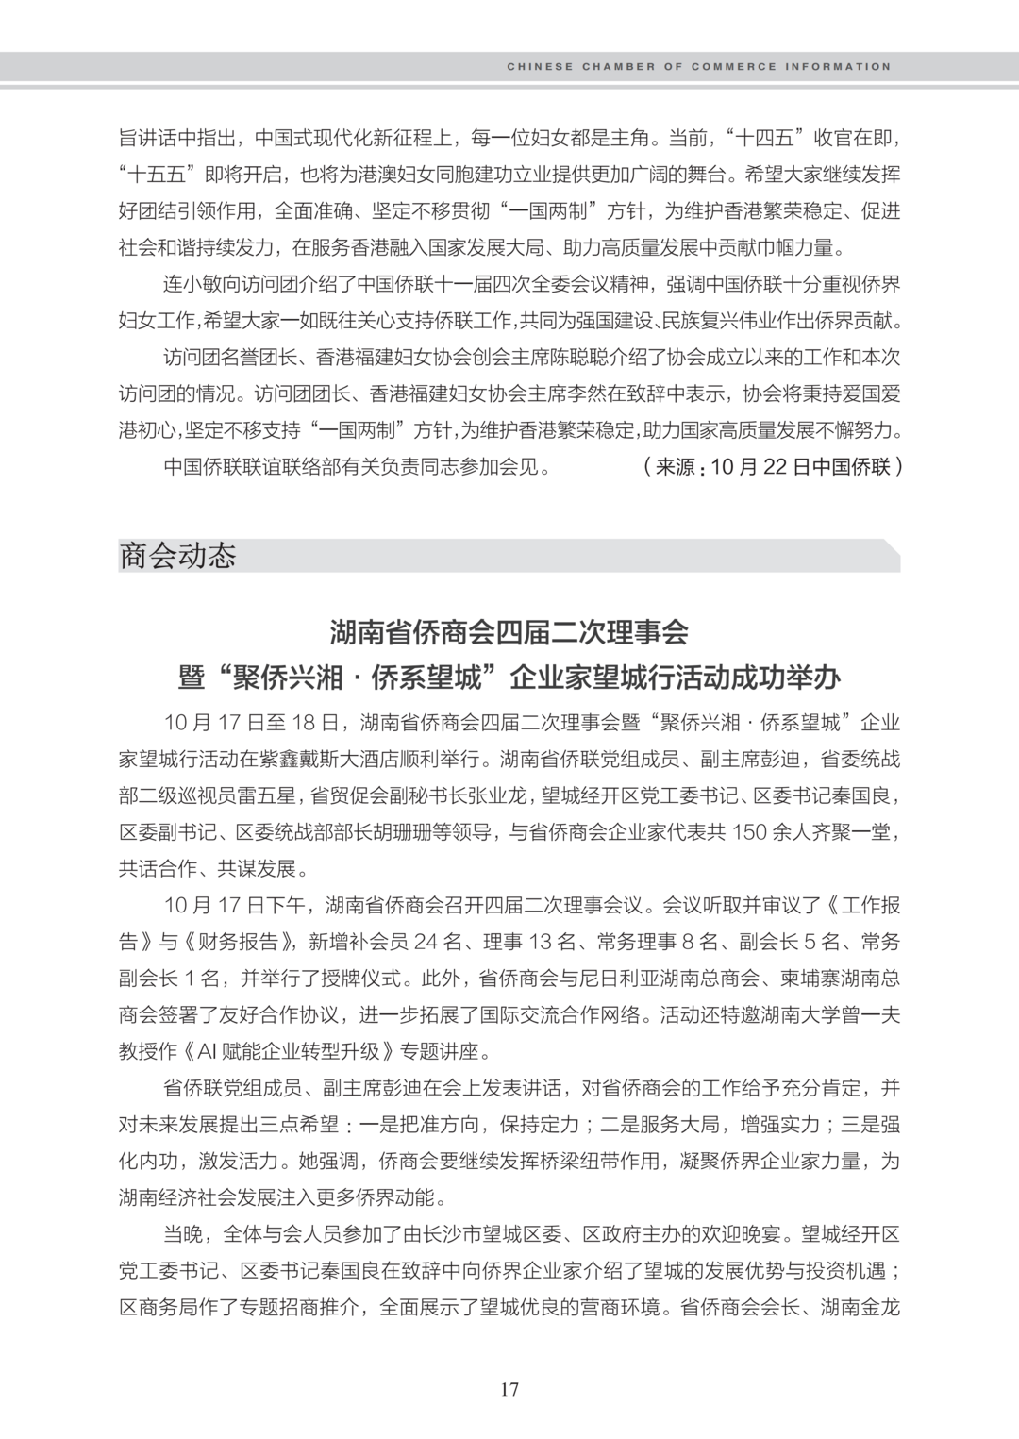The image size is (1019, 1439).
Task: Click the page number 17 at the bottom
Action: tap(509, 1389)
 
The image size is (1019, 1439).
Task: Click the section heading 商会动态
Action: tap(177, 555)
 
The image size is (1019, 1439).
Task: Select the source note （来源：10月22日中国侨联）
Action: tap(769, 467)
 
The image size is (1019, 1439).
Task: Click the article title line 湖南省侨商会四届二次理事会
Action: tap(509, 630)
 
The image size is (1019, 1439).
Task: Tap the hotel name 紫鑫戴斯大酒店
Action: tap(367, 759)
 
